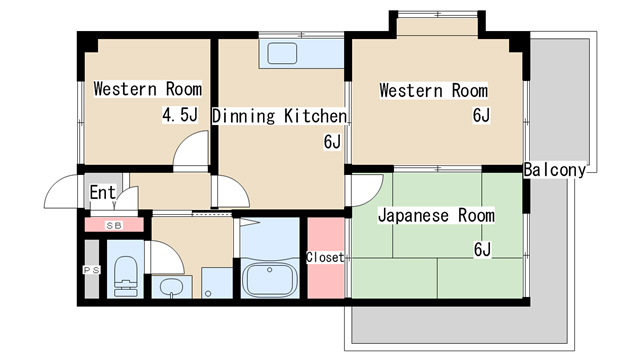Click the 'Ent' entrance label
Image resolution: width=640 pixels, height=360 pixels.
pyautogui.click(x=103, y=192)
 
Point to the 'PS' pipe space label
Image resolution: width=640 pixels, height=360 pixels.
pyautogui.click(x=90, y=270)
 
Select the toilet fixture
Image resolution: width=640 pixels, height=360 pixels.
pyautogui.click(x=124, y=278)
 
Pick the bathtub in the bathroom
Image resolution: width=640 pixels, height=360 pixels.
pyautogui.click(x=267, y=280)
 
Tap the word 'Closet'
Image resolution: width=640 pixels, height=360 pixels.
pyautogui.click(x=325, y=257)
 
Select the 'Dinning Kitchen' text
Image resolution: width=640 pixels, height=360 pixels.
pyautogui.click(x=279, y=116)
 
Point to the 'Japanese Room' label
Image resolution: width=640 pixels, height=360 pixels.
pyautogui.click(x=436, y=215)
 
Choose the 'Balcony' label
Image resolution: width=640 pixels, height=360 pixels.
pyautogui.click(x=555, y=169)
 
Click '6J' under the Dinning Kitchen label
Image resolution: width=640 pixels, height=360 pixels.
pyautogui.click(x=332, y=142)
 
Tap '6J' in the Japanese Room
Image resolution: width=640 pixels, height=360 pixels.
pyautogui.click(x=482, y=248)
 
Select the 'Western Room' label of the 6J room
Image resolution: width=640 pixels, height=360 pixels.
pyautogui.click(x=433, y=91)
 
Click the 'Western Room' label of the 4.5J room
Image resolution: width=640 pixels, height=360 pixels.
pyautogui.click(x=148, y=89)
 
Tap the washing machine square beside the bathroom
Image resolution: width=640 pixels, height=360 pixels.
pyautogui.click(x=216, y=282)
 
